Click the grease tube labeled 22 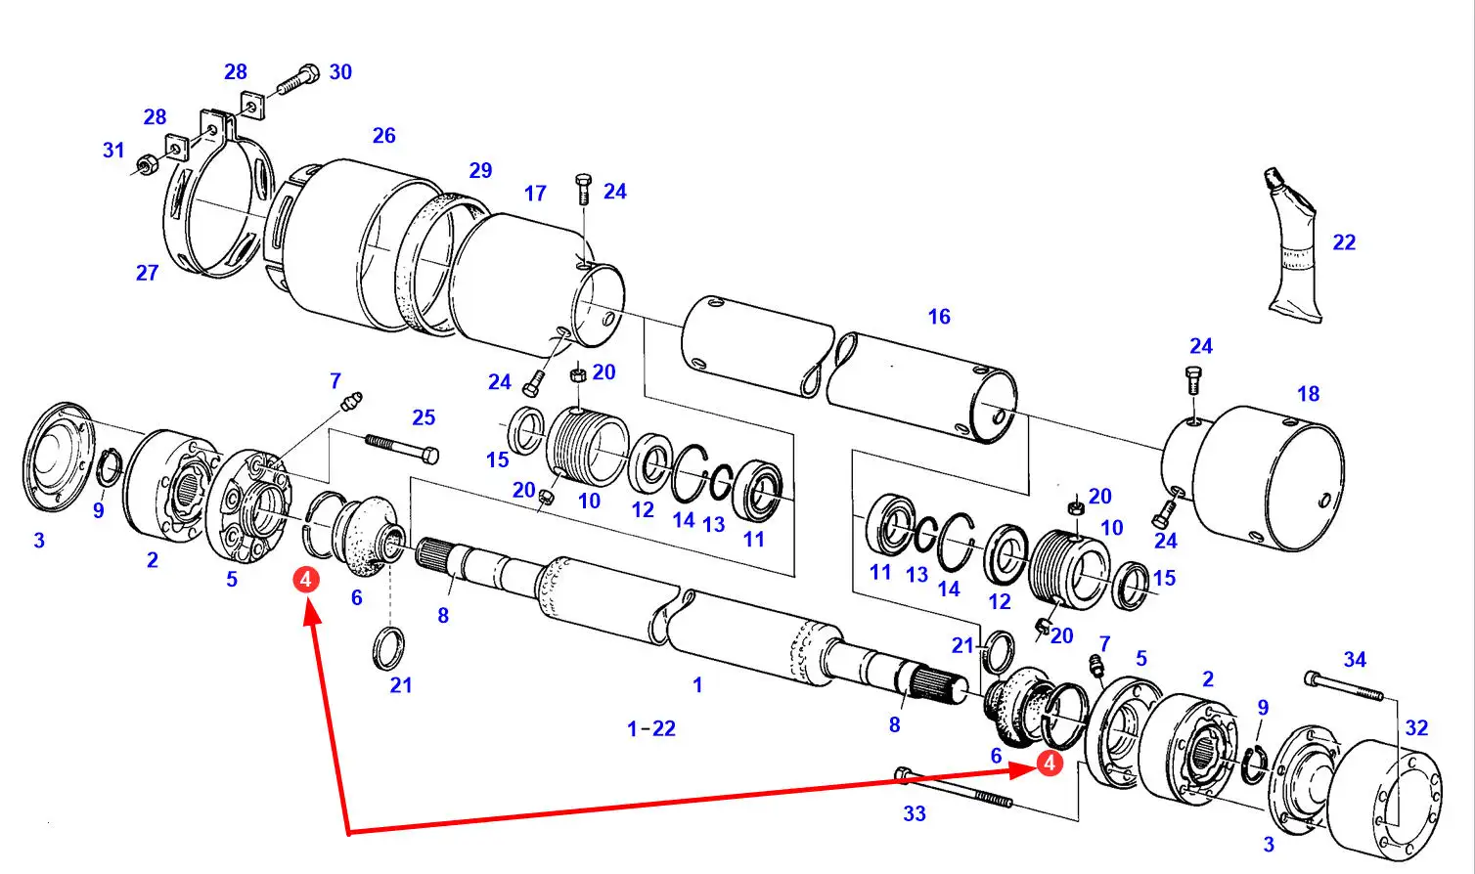pyautogui.click(x=1293, y=245)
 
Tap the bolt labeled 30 pyautogui.click(x=298, y=79)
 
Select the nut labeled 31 pyautogui.click(x=146, y=164)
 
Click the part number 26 pyautogui.click(x=383, y=136)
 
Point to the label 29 pyautogui.click(x=480, y=170)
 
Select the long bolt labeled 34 pyautogui.click(x=1344, y=685)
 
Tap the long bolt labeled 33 pyautogui.click(x=954, y=787)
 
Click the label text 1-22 pyautogui.click(x=651, y=728)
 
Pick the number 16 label pyautogui.click(x=939, y=317)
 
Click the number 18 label pyautogui.click(x=1309, y=394)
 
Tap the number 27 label pyautogui.click(x=147, y=273)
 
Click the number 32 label pyautogui.click(x=1416, y=727)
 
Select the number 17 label pyautogui.click(x=535, y=194)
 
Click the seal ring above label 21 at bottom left pyautogui.click(x=389, y=648)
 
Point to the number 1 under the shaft pyautogui.click(x=697, y=685)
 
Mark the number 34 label pyautogui.click(x=1355, y=659)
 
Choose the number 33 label pyautogui.click(x=915, y=814)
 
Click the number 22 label pyautogui.click(x=1344, y=242)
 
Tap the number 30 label pyautogui.click(x=340, y=71)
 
